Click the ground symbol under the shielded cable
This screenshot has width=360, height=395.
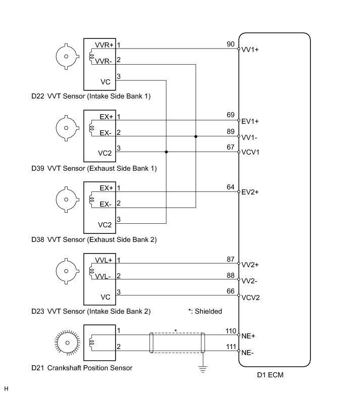pos(203,368)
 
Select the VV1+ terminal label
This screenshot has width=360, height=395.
pos(250,50)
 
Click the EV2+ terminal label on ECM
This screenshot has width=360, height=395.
pos(250,192)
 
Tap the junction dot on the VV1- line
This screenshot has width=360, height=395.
pos(196,136)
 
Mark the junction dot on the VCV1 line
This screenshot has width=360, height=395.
pos(166,152)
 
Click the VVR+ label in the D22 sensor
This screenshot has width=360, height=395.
pos(105,45)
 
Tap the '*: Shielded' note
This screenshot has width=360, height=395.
pos(204,312)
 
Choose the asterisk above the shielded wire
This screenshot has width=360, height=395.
pos(176,330)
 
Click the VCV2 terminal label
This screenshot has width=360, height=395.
pos(250,298)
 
